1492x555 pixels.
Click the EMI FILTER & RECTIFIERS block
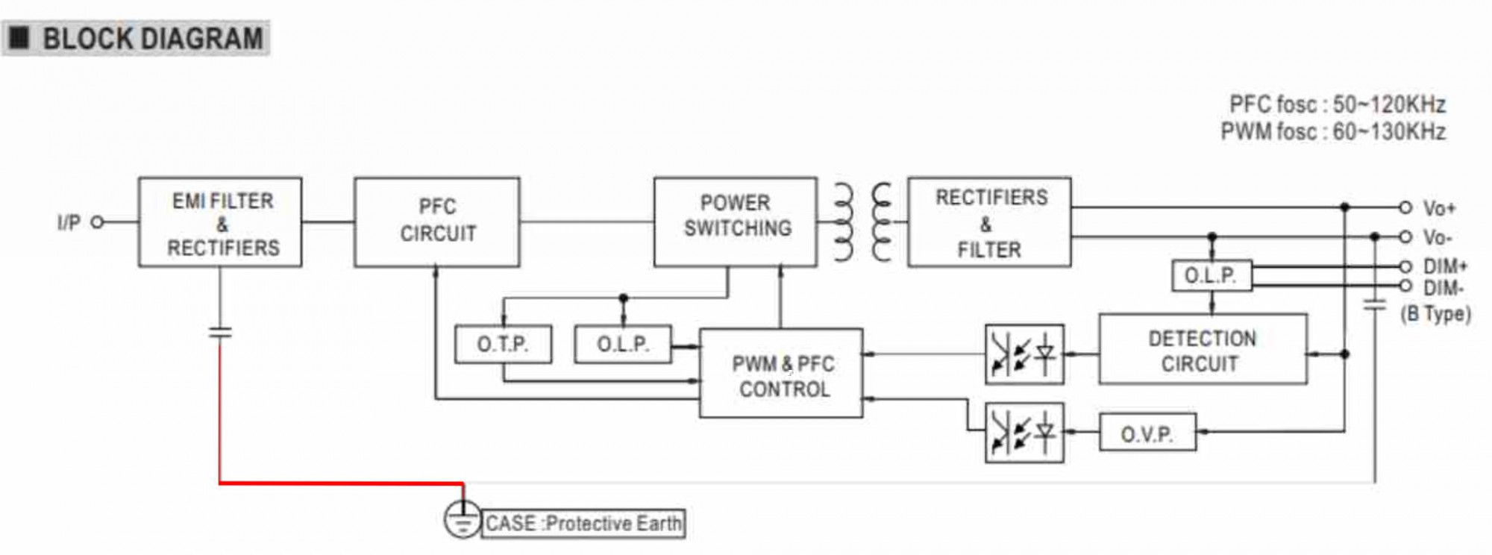click(220, 222)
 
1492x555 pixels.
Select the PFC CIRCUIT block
click(437, 222)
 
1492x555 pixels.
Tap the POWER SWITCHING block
click(736, 222)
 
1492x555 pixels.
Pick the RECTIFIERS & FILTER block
click(989, 222)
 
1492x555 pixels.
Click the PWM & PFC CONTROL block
click(781, 373)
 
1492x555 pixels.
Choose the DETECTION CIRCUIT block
click(1203, 350)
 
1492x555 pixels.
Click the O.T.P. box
click(503, 345)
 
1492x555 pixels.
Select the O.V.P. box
click(1147, 433)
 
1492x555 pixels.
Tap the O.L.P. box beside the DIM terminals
click(1212, 276)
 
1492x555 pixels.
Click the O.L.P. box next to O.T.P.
click(623, 345)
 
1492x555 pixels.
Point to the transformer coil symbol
click(862, 222)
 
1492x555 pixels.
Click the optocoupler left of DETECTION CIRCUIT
click(1024, 354)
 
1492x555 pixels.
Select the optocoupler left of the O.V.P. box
click(1024, 433)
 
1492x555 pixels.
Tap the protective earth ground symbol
click(463, 520)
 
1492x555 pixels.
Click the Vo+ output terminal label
click(1439, 208)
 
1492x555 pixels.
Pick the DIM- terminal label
click(1444, 288)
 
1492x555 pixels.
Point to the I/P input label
click(69, 222)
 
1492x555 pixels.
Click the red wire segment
click(336, 483)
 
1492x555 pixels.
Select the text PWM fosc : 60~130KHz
click(1333, 132)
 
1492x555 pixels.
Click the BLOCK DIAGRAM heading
click(152, 39)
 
